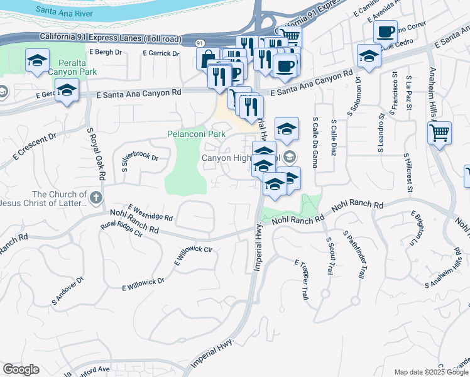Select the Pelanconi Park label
pyautogui.click(x=196, y=134)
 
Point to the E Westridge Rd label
pyautogui.click(x=150, y=212)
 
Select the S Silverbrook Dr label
pyautogui.click(x=139, y=163)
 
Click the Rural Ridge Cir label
pyautogui.click(x=123, y=229)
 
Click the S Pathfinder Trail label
pyautogui.click(x=354, y=254)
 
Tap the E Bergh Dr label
pyautogui.click(x=106, y=52)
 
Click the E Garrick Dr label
pyautogui.click(x=161, y=53)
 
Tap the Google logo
pyautogui.click(x=21, y=369)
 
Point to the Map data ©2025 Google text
pyautogui.click(x=430, y=372)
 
